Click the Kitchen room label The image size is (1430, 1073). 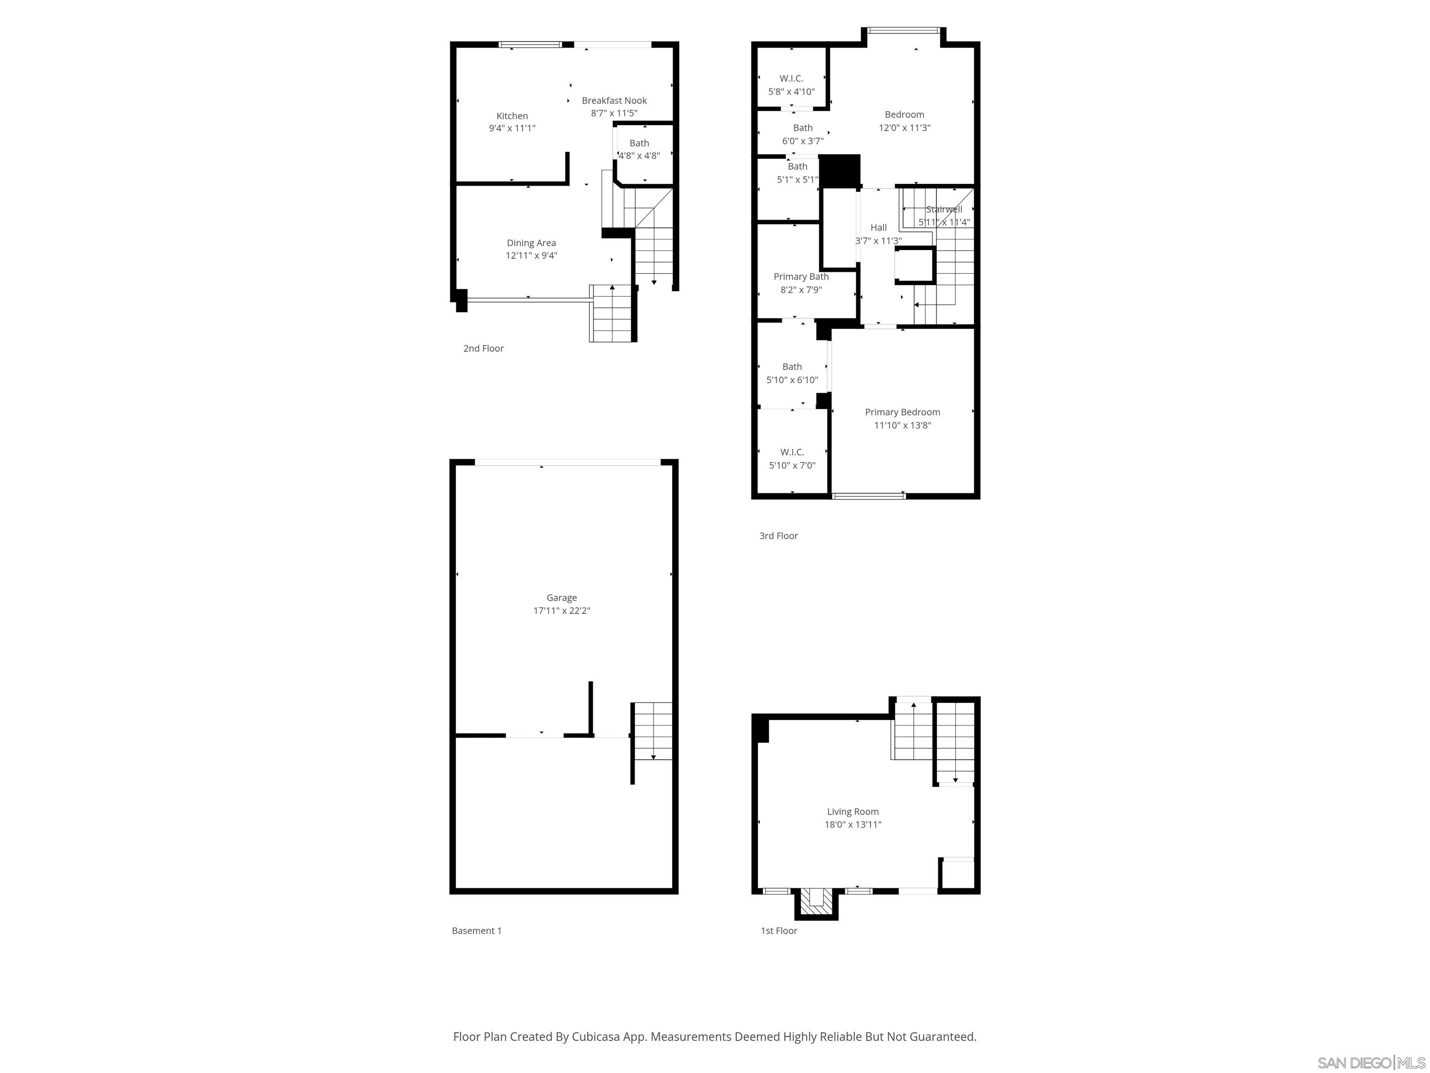(512, 116)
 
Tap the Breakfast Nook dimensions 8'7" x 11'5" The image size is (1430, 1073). (614, 113)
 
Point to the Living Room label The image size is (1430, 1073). (853, 811)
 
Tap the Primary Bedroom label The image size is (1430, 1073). (903, 412)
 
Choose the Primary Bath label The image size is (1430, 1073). (801, 276)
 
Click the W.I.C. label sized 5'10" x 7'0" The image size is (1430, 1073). (792, 452)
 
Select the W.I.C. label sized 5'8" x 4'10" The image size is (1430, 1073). (791, 78)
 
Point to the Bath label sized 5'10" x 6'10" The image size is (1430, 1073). (792, 366)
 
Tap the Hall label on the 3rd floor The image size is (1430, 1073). (878, 227)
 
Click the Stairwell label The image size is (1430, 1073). (944, 209)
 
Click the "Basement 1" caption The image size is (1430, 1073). (477, 930)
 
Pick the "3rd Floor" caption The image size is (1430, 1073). (778, 536)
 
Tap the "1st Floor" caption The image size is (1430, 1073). (778, 930)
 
